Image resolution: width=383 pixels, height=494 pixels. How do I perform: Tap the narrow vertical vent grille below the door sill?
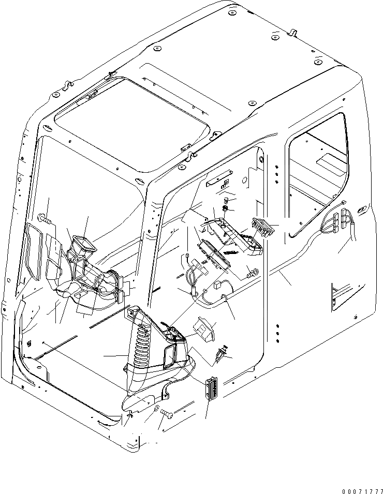(210, 388)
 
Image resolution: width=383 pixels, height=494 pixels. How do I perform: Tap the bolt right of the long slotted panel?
(253, 270)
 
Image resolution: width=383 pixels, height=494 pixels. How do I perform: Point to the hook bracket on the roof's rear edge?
(292, 33)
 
